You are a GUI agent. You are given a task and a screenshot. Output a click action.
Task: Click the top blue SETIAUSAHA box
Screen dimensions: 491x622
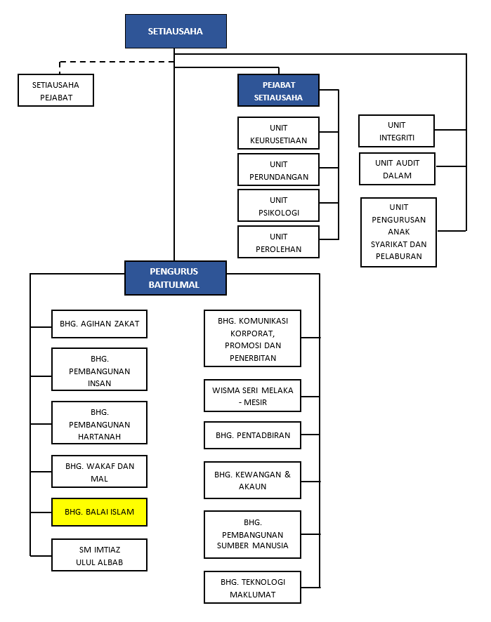pyautogui.click(x=176, y=32)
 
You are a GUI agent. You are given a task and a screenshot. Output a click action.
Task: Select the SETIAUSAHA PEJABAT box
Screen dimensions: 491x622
pyautogui.click(x=56, y=91)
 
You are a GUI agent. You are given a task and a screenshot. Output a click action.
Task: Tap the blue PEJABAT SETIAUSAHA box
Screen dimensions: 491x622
pyautogui.click(x=278, y=91)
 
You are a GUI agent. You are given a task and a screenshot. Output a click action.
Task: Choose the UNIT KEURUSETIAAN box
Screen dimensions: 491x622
pyautogui.click(x=278, y=133)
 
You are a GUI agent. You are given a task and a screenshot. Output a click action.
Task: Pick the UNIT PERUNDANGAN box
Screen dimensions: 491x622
pyautogui.click(x=278, y=170)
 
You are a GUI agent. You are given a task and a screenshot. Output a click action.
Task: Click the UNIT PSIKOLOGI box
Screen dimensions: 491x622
pyautogui.click(x=278, y=206)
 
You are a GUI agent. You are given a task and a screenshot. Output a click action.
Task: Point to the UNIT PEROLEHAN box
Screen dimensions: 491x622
pyautogui.click(x=278, y=242)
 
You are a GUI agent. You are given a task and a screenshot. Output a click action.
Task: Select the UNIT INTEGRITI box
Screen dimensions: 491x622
pyautogui.click(x=397, y=131)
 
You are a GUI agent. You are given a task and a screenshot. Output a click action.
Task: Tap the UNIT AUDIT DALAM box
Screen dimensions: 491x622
pyautogui.click(x=398, y=169)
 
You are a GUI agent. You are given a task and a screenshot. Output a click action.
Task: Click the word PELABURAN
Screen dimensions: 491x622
pyautogui.click(x=399, y=256)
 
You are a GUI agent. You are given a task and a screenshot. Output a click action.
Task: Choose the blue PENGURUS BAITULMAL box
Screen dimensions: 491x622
pyautogui.click(x=176, y=278)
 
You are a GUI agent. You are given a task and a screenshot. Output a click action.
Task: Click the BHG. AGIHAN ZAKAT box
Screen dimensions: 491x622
pyautogui.click(x=99, y=324)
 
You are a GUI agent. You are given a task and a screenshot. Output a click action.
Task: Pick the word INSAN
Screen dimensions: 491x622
pyautogui.click(x=99, y=383)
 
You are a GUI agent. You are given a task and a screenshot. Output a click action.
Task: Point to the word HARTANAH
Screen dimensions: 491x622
pyautogui.click(x=99, y=437)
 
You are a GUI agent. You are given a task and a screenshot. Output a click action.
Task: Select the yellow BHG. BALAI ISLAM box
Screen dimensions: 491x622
pyautogui.click(x=99, y=512)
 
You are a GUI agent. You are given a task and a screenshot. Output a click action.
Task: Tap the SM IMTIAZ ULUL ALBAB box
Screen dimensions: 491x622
pyautogui.click(x=99, y=555)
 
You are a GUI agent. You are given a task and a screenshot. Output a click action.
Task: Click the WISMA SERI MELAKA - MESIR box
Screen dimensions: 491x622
pyautogui.click(x=252, y=396)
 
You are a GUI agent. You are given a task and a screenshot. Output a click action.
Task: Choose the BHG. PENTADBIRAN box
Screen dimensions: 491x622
pyautogui.click(x=252, y=435)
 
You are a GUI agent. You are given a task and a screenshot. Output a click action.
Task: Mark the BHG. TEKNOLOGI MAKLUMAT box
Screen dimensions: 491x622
pyautogui.click(x=252, y=588)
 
